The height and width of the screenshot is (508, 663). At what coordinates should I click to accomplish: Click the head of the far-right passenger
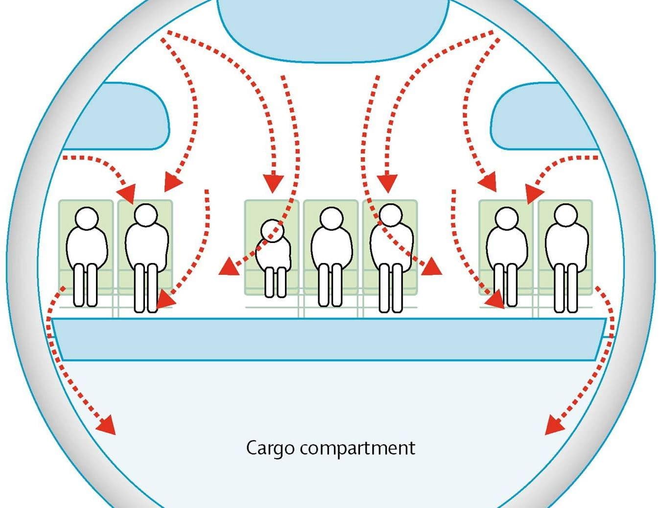tap(566, 215)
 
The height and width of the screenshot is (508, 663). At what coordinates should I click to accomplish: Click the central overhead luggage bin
tap(333, 29)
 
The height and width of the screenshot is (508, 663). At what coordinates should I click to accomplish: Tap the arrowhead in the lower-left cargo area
tap(107, 426)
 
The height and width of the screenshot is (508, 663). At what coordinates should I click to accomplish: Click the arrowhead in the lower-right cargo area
tap(553, 426)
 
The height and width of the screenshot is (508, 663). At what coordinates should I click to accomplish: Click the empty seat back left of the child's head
tap(253, 216)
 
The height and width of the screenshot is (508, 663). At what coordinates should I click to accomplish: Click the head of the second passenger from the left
tap(145, 215)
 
